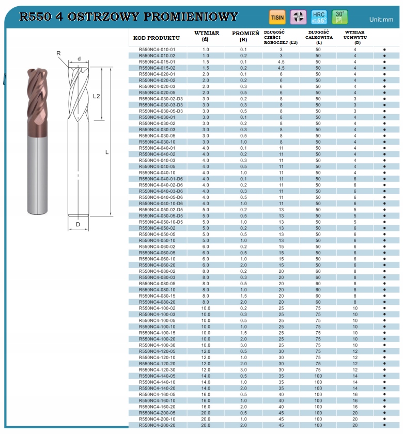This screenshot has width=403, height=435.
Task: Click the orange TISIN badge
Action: click(277, 17)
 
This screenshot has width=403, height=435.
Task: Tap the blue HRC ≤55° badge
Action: click(319, 17)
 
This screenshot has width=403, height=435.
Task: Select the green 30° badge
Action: click(339, 17)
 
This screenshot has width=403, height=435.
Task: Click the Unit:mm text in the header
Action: click(381, 20)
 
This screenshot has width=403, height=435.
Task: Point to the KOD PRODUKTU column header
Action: click(157, 38)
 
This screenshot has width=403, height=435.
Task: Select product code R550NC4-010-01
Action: click(157, 50)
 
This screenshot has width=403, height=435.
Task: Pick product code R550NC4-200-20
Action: click(157, 425)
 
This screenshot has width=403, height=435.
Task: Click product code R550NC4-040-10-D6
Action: click(161, 204)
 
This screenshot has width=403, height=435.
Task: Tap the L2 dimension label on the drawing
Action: click(96, 96)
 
